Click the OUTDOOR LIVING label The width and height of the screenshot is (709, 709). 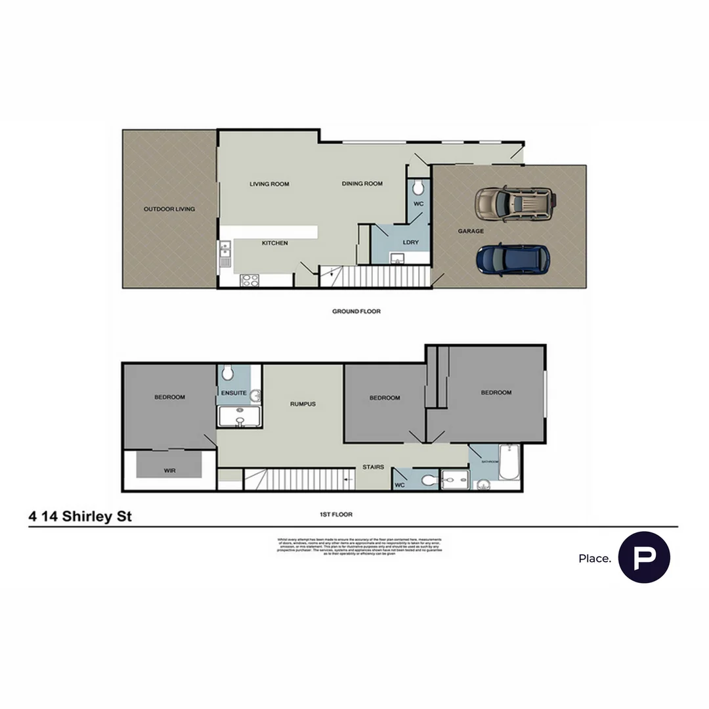tap(169, 209)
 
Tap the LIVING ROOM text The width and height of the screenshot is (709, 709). tap(269, 184)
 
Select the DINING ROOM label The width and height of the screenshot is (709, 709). tap(362, 184)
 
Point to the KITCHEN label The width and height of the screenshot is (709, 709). tap(274, 244)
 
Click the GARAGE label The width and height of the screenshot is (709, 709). tap(471, 231)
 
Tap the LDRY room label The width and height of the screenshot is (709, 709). tap(410, 243)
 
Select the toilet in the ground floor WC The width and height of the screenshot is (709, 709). tap(418, 189)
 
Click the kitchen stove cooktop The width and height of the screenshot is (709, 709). tap(249, 280)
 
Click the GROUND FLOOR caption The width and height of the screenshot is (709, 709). tap(356, 311)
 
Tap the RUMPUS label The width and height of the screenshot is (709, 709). tap(303, 404)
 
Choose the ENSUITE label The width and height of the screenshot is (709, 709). tap(234, 393)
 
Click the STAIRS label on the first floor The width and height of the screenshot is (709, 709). tap(373, 467)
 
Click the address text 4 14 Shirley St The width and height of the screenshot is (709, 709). tap(80, 517)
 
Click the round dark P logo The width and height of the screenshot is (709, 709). tap(644, 557)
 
